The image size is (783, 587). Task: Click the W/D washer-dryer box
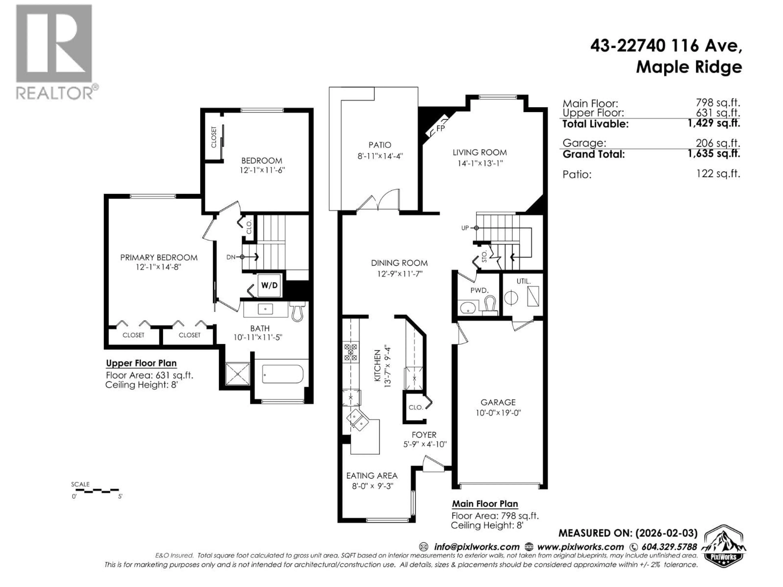[x=269, y=285]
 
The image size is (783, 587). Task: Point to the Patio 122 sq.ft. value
[x=718, y=174]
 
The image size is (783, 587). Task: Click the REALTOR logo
[x=55, y=52]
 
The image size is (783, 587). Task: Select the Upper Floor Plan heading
[x=141, y=363]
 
